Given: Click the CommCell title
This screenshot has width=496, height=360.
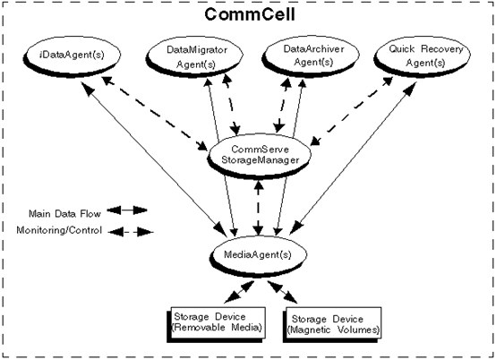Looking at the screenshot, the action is click(x=250, y=14).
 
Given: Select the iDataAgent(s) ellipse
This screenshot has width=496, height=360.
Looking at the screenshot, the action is click(x=72, y=55).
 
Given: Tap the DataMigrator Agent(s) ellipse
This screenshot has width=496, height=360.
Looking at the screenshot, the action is click(x=194, y=56).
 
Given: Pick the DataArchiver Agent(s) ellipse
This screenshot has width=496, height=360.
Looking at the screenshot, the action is click(x=312, y=56).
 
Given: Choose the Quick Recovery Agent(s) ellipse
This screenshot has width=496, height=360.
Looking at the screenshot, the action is click(x=423, y=56).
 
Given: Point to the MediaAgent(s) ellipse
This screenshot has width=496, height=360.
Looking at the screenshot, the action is click(x=259, y=255).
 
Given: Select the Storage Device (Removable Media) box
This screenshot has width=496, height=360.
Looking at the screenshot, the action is click(x=216, y=324).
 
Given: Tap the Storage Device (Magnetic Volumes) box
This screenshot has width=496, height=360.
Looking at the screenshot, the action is click(x=332, y=324).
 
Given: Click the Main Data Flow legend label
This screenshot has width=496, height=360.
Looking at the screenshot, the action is click(x=64, y=214).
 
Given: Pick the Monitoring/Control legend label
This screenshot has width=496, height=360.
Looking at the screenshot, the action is click(x=59, y=230).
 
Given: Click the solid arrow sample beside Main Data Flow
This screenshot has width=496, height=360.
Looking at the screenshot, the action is click(x=127, y=210).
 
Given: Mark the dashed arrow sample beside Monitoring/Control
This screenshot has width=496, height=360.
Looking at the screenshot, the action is click(x=131, y=233).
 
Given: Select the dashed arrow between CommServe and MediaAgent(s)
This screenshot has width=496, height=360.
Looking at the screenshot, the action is click(x=259, y=208).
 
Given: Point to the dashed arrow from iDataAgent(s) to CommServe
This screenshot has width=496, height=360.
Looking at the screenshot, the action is click(x=155, y=113).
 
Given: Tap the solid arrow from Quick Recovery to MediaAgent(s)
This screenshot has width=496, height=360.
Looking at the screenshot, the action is click(x=353, y=159).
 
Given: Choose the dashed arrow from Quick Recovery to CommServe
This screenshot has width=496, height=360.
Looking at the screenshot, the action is click(x=352, y=111).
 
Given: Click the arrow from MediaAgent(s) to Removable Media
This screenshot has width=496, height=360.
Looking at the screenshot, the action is click(x=239, y=292).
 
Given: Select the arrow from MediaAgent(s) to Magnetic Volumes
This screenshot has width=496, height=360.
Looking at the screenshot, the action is click(x=282, y=292).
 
